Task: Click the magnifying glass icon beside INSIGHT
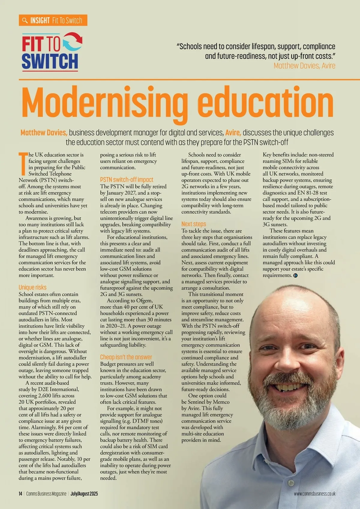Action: [x=25, y=20]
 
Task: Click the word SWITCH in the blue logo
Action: [x=50, y=61]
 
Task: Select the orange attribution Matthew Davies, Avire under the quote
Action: [x=304, y=66]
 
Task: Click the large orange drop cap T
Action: [x=23, y=163]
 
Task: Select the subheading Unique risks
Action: [x=32, y=287]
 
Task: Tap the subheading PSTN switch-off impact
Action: [x=127, y=180]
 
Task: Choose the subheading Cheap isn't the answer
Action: [x=126, y=357]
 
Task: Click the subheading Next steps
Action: [x=193, y=224]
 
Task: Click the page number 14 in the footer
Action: [x=20, y=494]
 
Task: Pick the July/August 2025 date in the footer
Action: [x=84, y=494]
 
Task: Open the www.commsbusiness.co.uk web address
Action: [x=314, y=494]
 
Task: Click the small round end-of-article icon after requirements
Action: [x=295, y=275]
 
